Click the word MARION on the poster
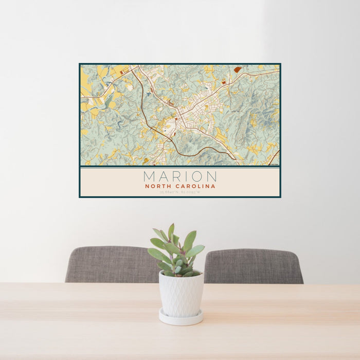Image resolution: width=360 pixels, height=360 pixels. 180,176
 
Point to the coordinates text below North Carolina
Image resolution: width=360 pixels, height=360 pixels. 180,192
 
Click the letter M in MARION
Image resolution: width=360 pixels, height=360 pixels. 150,176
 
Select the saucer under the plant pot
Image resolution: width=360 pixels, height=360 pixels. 181,319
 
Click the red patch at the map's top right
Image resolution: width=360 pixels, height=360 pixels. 238,69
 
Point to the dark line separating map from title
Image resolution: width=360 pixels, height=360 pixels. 180,167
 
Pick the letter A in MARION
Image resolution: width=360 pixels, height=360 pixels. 163,176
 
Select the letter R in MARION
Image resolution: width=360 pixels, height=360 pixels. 176,176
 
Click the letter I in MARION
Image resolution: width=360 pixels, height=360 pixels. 186,176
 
